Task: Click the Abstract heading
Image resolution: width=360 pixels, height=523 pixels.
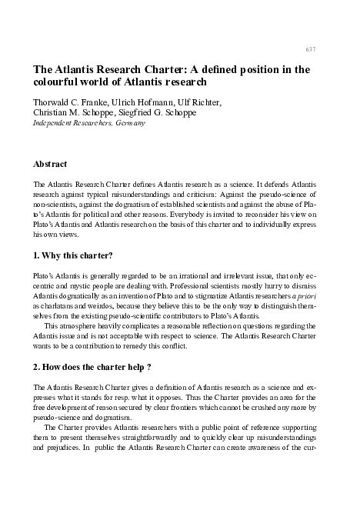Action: point(50,164)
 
